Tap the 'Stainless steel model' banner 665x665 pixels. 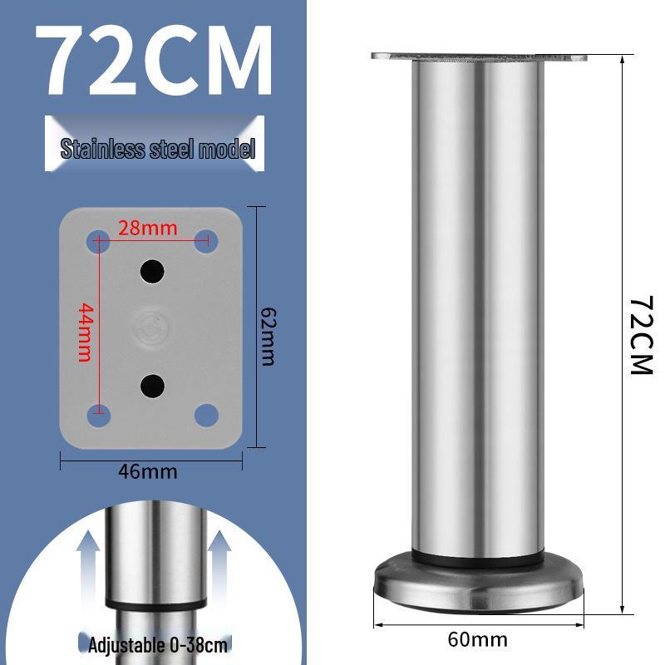click(157, 149)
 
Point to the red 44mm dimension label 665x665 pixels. click(84, 332)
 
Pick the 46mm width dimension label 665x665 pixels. click(148, 472)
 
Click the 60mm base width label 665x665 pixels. click(477, 640)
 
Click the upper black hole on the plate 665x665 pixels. click(151, 270)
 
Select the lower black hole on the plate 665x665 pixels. click(151, 384)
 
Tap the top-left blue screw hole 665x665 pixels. click(97, 242)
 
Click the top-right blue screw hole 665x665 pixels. click(206, 242)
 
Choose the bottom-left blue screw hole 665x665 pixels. click(97, 414)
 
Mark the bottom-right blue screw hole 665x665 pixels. click(206, 414)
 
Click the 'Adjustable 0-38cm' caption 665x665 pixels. click(158, 644)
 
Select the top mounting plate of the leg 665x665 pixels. click(478, 57)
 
